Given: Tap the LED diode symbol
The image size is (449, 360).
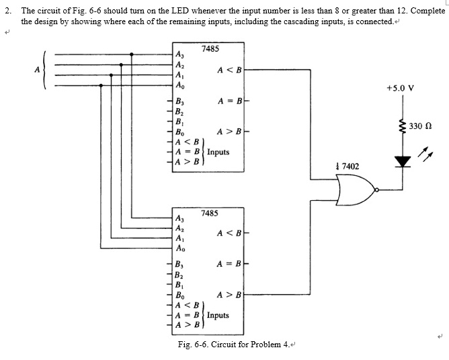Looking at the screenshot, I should [403, 161].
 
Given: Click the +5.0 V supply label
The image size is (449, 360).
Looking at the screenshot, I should [401, 88].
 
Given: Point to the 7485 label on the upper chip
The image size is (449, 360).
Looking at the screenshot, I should [209, 49].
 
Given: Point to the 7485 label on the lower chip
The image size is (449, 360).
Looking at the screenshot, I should [209, 212].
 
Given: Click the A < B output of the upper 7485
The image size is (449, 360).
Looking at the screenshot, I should [229, 69].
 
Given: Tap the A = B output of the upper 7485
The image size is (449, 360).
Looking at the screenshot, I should [229, 101].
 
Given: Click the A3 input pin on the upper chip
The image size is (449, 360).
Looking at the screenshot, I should [179, 55].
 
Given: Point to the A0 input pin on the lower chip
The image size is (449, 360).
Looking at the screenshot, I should [179, 246].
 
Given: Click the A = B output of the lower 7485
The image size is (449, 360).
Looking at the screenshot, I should [229, 264].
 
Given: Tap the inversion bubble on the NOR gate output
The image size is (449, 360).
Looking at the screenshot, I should [378, 190].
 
